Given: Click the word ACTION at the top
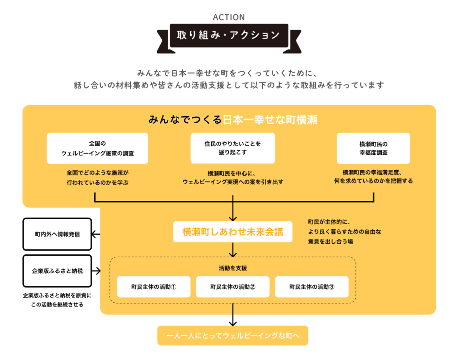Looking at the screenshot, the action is pyautogui.click(x=229, y=17).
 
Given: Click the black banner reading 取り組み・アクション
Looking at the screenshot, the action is pyautogui.click(x=229, y=36).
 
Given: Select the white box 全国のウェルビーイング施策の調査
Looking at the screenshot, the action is pyautogui.click(x=97, y=148).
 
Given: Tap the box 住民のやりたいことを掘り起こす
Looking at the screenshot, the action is pyautogui.click(x=233, y=148).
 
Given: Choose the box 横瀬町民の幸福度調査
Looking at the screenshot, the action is pyautogui.click(x=373, y=148).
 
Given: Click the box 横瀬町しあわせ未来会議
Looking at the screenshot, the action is pyautogui.click(x=233, y=232).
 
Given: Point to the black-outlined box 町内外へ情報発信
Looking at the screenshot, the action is pyautogui.click(x=57, y=234).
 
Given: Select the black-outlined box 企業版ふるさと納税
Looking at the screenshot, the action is pyautogui.click(x=57, y=271).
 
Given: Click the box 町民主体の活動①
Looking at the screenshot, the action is pyautogui.click(x=153, y=287).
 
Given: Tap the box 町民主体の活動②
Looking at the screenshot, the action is pyautogui.click(x=233, y=287).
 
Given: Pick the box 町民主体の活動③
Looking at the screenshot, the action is pyautogui.click(x=312, y=287).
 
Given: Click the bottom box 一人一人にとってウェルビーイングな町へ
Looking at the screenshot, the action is pyautogui.click(x=233, y=335).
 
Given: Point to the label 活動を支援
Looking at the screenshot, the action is pyautogui.click(x=233, y=268).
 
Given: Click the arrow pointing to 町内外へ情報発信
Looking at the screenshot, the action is pyautogui.click(x=96, y=234).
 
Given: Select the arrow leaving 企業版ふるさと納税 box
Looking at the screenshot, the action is pyautogui.click(x=96, y=271).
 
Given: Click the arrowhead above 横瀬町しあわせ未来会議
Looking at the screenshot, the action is pyautogui.click(x=233, y=219).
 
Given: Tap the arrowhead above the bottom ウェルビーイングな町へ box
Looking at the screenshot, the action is pyautogui.click(x=233, y=323).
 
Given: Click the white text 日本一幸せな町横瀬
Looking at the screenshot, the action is pyautogui.click(x=270, y=120).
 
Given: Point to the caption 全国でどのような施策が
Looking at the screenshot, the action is pyautogui.click(x=98, y=173).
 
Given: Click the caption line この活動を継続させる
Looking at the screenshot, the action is pyautogui.click(x=57, y=305).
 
